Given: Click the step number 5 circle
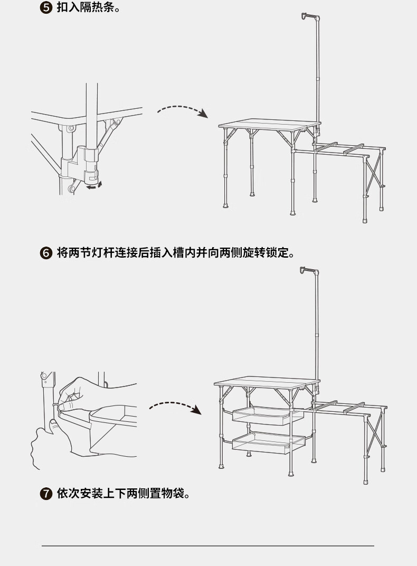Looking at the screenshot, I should (x=46, y=9).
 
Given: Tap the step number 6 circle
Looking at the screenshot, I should (x=46, y=253).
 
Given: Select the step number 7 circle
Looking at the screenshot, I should (x=46, y=494).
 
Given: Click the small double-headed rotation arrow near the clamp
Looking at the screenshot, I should (x=94, y=185).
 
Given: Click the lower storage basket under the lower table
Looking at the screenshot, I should (x=269, y=442).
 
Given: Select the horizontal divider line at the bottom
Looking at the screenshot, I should (x=208, y=545).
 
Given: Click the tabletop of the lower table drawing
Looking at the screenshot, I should (x=267, y=382).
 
